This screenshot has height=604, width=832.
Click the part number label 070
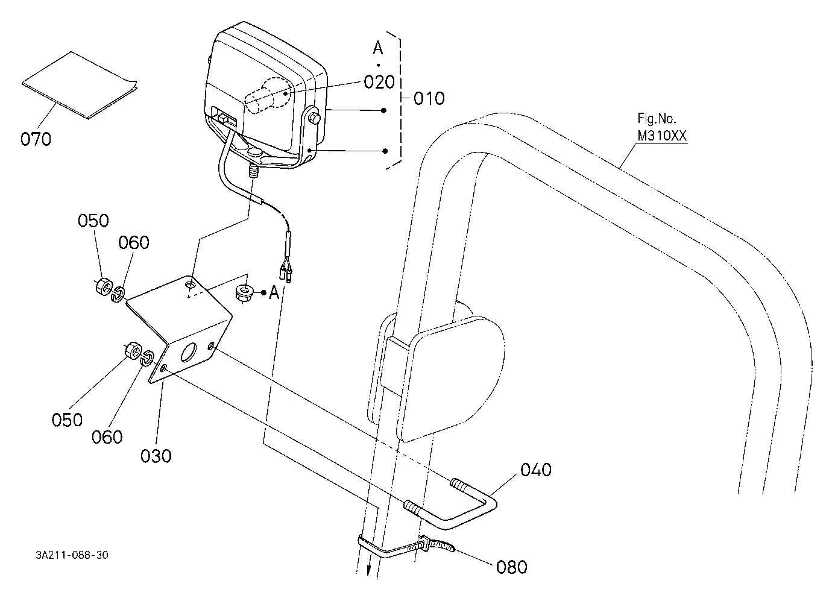point(36,139)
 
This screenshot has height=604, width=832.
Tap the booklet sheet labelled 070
point(79,85)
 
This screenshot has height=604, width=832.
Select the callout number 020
point(379,82)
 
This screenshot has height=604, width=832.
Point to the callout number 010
point(429,99)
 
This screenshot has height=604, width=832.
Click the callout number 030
point(156,456)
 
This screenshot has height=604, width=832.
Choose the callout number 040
point(535,470)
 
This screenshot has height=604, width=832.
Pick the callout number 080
point(511,567)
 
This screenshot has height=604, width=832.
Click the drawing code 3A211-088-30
point(72,555)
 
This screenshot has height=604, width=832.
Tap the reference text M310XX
point(662,136)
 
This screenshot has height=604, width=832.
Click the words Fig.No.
point(657,119)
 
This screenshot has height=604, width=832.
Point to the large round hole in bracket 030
point(189,352)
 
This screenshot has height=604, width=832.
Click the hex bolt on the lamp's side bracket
point(314,118)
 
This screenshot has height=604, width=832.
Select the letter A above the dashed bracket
point(378,48)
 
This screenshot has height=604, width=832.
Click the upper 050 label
point(93,221)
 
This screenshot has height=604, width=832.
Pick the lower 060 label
point(107,437)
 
